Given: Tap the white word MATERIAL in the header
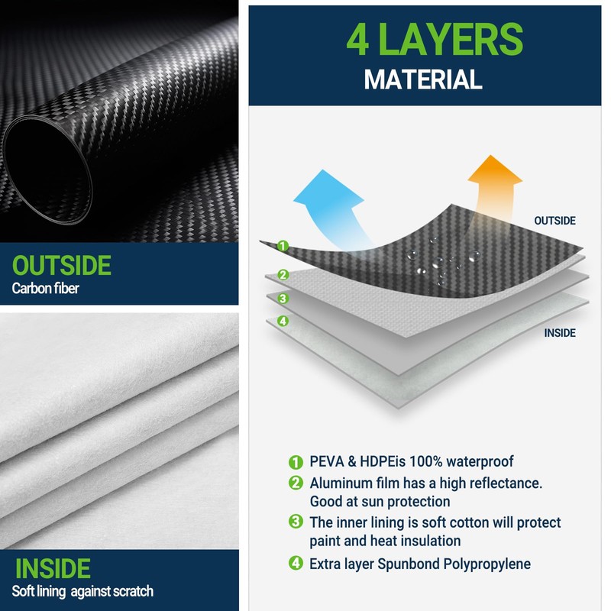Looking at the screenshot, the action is (x=422, y=79).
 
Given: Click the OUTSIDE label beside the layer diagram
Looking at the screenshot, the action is (x=554, y=221).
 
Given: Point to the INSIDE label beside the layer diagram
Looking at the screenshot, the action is (x=560, y=333).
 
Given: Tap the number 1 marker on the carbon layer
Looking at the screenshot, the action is (x=283, y=246).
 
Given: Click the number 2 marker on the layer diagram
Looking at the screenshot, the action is (x=283, y=275).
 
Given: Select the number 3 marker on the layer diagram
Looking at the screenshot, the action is (x=283, y=299).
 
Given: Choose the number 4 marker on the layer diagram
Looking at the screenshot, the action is (x=283, y=321).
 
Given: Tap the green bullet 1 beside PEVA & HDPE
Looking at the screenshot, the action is (x=296, y=462).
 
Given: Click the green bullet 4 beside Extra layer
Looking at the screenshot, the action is (x=296, y=564).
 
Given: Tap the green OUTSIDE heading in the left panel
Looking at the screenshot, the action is (x=62, y=266).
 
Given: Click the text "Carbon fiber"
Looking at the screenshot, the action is (x=46, y=289).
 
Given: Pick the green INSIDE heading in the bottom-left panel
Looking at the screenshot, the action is (x=53, y=568).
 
